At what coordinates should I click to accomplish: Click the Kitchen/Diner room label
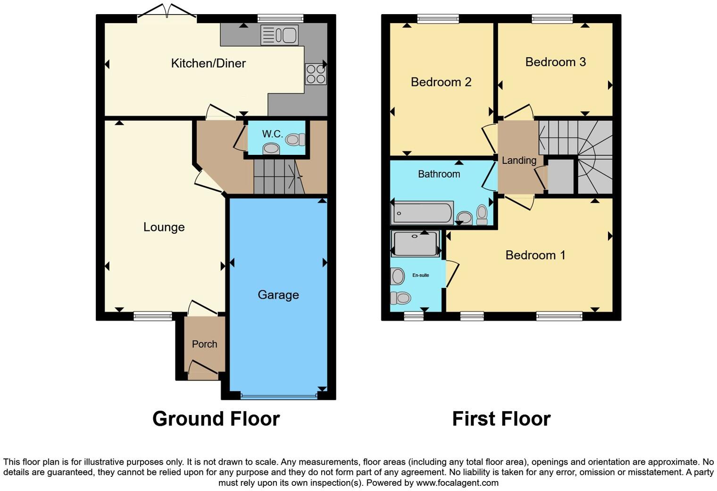pyautogui.click(x=208, y=63)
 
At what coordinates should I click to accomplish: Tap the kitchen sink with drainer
pyautogui.click(x=279, y=35)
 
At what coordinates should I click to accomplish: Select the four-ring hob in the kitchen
pyautogui.click(x=316, y=74)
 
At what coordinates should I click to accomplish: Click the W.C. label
pyautogui.click(x=272, y=134)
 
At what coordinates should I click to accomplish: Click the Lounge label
pyautogui.click(x=164, y=227)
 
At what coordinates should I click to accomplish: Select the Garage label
pyautogui.click(x=278, y=295)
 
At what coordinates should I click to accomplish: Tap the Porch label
pyautogui.click(x=204, y=344)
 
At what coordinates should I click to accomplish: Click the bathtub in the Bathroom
pyautogui.click(x=422, y=213)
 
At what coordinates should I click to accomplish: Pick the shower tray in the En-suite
pyautogui.click(x=415, y=244)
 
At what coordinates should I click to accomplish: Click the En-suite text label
pyautogui.click(x=420, y=275)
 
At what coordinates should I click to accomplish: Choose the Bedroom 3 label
pyautogui.click(x=555, y=62)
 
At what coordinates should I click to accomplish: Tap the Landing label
pyautogui.click(x=519, y=161)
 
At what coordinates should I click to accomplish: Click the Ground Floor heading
pyautogui.click(x=216, y=419)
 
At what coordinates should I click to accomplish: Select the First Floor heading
pyautogui.click(x=501, y=419)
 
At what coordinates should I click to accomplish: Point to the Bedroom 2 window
pyautogui.click(x=438, y=18)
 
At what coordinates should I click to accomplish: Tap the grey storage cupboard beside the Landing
pyautogui.click(x=560, y=177)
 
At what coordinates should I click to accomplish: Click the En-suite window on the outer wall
pyautogui.click(x=413, y=316)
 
